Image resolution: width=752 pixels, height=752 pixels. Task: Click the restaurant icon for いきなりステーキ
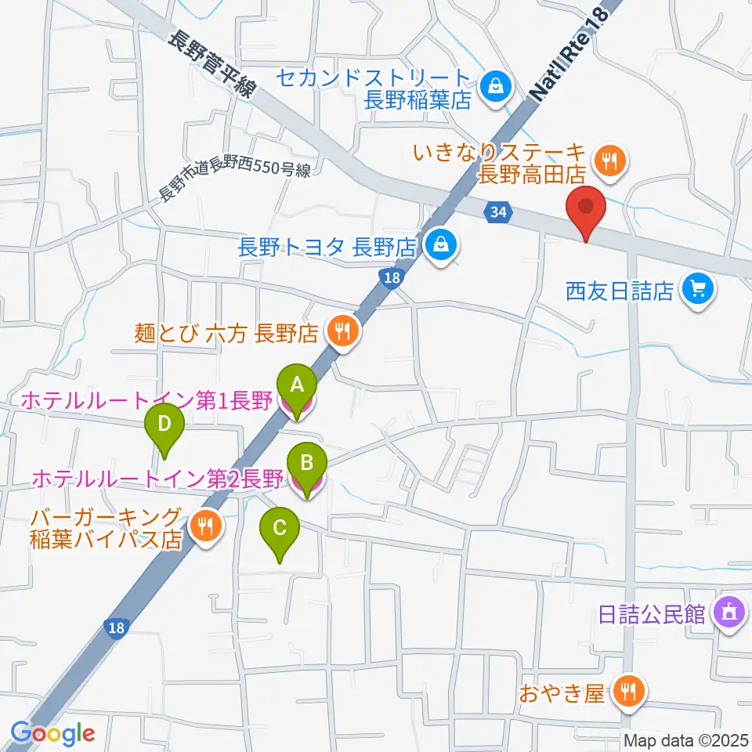pos(609,161)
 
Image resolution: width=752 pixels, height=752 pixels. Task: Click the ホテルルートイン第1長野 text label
pos(146,401)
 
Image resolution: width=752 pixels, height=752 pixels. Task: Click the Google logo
pos(52,733)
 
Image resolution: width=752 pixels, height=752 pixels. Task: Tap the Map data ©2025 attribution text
pos(685,739)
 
